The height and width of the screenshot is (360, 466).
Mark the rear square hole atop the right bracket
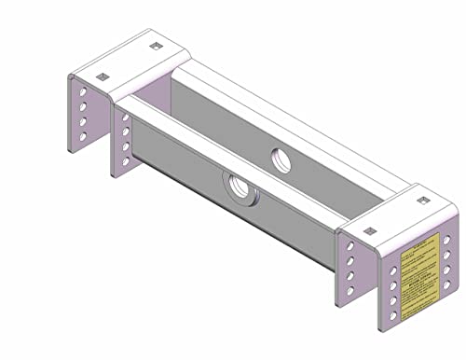(422, 200)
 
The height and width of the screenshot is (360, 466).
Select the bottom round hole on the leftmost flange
(84, 137)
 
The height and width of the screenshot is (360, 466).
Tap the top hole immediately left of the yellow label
(394, 270)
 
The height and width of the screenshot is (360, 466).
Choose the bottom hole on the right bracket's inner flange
(350, 291)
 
